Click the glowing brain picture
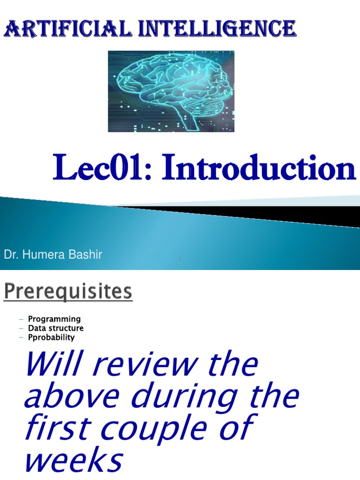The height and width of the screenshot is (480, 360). [x=171, y=91]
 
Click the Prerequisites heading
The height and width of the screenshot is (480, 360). [x=68, y=292]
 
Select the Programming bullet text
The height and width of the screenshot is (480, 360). [x=54, y=319]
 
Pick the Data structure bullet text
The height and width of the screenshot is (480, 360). [x=56, y=328]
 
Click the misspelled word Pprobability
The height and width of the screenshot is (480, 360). [x=51, y=337]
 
